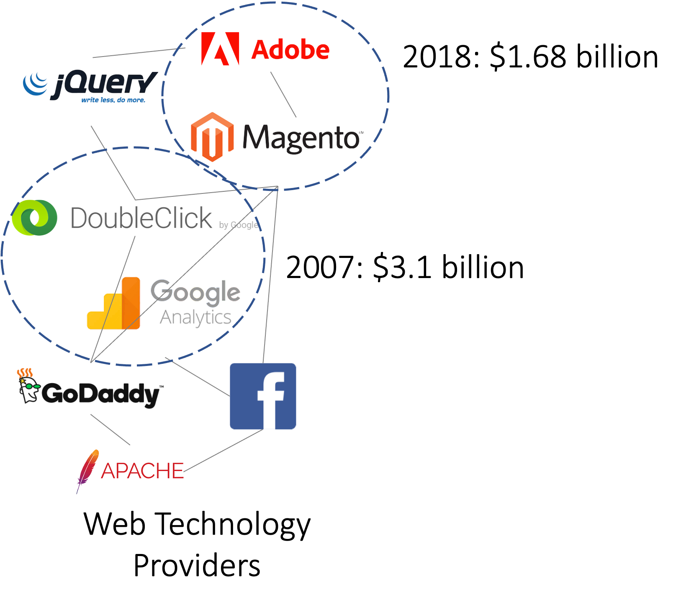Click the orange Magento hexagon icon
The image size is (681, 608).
click(212, 137)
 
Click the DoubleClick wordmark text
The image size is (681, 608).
click(142, 218)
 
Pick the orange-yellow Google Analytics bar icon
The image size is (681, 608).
click(114, 305)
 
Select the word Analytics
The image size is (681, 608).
click(195, 318)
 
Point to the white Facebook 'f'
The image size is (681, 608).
click(270, 398)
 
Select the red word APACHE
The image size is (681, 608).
click(142, 471)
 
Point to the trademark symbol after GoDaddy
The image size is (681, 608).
click(162, 387)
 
